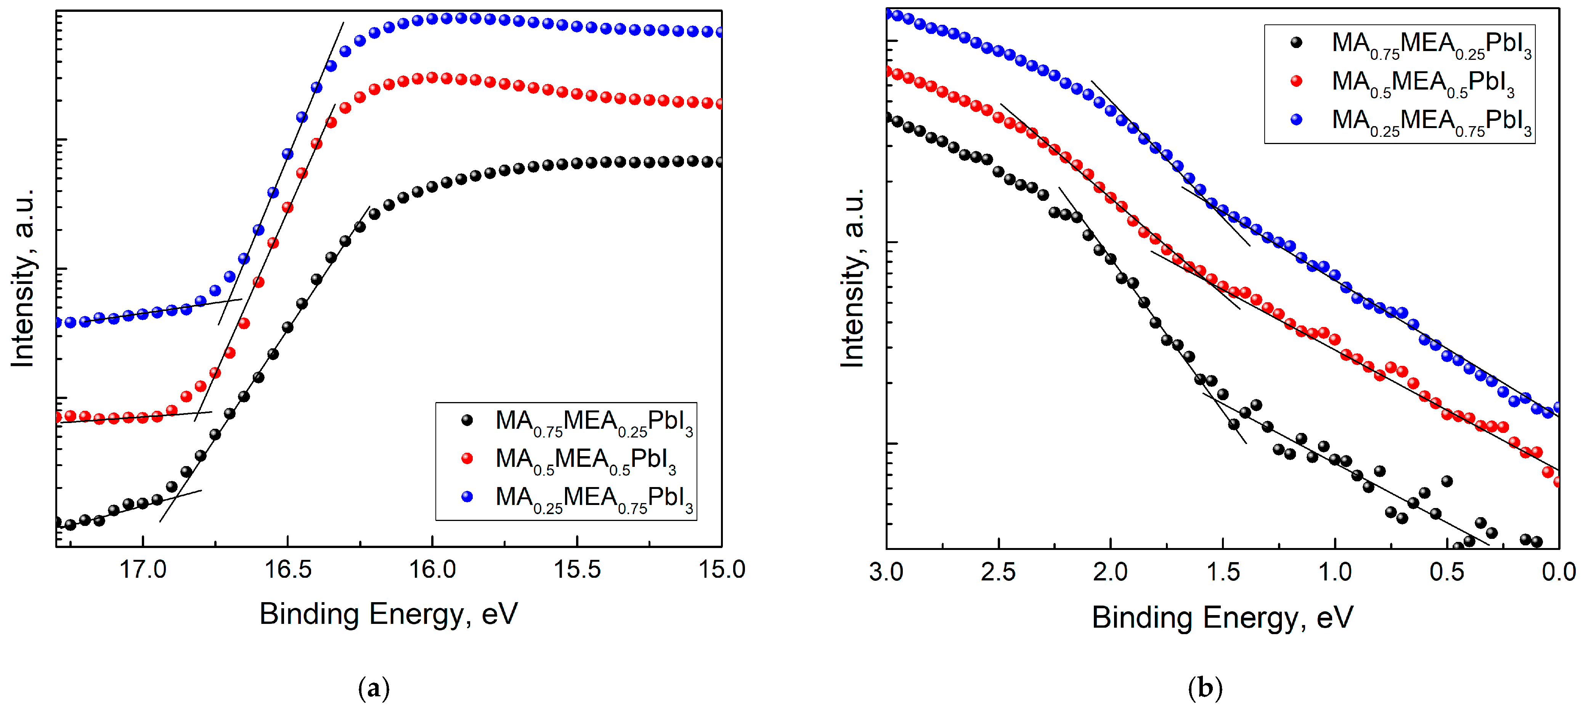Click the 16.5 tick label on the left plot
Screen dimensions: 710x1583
[287, 569]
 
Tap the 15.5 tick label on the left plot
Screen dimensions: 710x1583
[577, 569]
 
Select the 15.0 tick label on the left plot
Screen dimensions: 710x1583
[721, 569]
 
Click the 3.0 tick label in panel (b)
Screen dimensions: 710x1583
[886, 572]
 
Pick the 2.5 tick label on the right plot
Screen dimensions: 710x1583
[998, 572]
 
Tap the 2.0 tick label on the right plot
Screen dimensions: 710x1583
[1111, 572]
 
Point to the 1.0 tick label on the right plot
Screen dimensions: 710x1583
[1335, 572]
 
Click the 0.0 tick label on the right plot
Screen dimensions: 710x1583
[1559, 572]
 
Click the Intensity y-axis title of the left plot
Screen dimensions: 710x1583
[23, 278]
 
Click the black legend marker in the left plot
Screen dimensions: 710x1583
[467, 420]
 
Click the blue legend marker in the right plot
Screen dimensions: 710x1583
[1297, 120]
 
